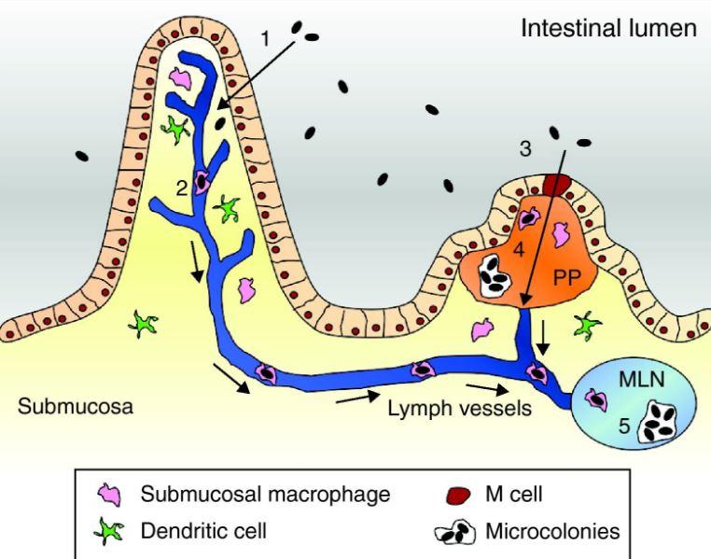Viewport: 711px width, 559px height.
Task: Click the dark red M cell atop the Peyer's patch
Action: click(x=557, y=185)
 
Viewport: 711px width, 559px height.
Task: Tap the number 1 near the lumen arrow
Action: click(x=266, y=39)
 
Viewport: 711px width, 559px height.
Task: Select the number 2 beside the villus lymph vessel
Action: click(x=181, y=189)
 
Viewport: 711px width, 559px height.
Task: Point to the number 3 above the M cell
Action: click(x=525, y=148)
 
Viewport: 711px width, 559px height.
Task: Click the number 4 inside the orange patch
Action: click(x=519, y=249)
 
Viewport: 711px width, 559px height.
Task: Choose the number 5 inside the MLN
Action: click(x=624, y=426)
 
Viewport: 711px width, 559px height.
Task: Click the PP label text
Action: click(x=566, y=276)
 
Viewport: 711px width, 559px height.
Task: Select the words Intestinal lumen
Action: click(x=608, y=28)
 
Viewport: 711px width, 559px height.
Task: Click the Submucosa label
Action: click(x=76, y=406)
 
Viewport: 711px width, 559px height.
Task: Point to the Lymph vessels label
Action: click(x=459, y=409)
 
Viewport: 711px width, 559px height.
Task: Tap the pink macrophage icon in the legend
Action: click(x=110, y=495)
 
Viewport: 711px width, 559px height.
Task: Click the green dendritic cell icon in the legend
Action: click(x=109, y=530)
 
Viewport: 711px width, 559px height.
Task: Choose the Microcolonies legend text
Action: click(x=552, y=531)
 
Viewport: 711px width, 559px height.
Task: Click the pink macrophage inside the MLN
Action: click(x=596, y=399)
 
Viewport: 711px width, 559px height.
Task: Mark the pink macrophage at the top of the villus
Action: click(x=179, y=78)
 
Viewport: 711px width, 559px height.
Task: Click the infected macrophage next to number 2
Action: click(x=201, y=181)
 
